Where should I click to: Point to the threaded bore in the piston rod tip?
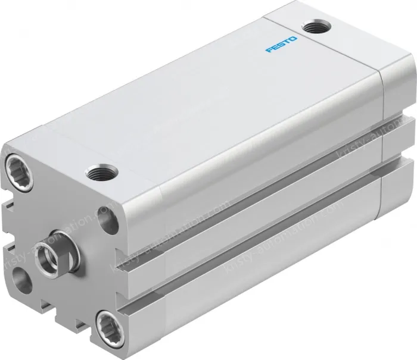click(x=45, y=255)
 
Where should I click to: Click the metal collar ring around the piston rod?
click(x=60, y=245)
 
